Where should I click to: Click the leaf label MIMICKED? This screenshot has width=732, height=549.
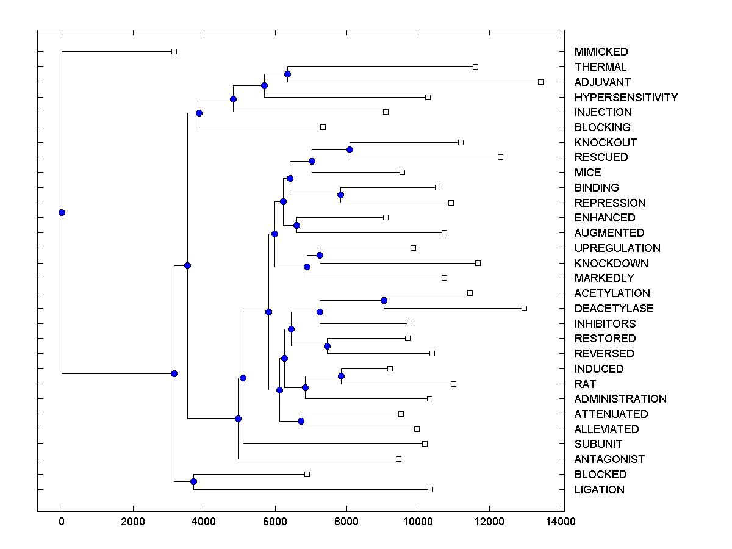coord(601,52)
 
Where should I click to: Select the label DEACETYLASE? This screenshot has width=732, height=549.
coord(614,309)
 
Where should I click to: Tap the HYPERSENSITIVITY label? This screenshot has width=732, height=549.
coord(626,98)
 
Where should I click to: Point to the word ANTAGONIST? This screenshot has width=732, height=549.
coord(609,459)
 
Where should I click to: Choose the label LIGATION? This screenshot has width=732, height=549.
coord(599,490)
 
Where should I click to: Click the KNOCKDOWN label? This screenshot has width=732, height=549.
coord(611,264)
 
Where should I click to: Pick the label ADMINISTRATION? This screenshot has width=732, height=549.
coord(620,399)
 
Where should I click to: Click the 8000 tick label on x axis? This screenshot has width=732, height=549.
coord(346,522)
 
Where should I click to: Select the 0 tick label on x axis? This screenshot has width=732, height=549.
coord(62,522)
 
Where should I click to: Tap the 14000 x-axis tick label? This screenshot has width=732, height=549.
coord(561,522)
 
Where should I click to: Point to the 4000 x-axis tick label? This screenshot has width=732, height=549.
coord(204,522)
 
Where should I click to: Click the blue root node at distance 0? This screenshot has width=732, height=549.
coord(62,212)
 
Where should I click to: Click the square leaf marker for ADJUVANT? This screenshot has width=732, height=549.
coord(540,82)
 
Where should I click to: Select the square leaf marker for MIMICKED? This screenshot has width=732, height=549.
coord(174,51)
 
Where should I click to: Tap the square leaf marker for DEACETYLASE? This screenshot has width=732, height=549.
coord(524,308)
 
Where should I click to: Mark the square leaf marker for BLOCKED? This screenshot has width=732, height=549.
coord(307,474)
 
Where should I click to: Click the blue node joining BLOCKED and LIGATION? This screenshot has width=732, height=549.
coord(193,482)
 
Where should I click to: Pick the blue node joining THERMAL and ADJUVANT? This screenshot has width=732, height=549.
coord(287,74)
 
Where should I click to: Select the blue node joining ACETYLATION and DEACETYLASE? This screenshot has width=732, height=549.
coord(384,300)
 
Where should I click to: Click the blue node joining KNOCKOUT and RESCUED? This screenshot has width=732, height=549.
coord(350,149)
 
